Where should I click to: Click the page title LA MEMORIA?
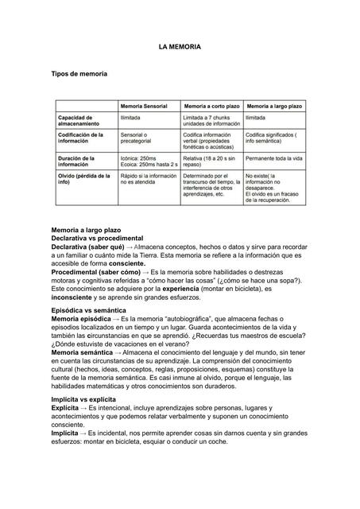[x=180, y=48]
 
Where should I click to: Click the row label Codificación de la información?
[x=79, y=139]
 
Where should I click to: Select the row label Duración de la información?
[x=79, y=161]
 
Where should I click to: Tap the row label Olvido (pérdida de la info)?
[x=79, y=179]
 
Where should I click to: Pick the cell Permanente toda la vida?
[x=274, y=158]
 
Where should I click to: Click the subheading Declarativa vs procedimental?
[x=97, y=238]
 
